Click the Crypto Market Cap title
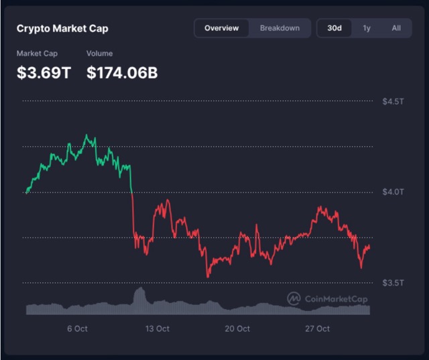tap(62, 29)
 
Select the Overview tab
tap(221, 28)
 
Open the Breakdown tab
tap(280, 28)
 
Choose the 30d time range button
tap(334, 28)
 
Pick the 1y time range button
tap(367, 28)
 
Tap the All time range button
tap(396, 28)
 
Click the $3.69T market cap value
tap(44, 73)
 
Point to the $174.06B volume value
tap(122, 73)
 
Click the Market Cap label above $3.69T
tap(38, 54)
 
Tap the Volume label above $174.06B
tap(100, 54)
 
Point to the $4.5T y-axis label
tap(393, 102)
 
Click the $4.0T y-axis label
tap(393, 192)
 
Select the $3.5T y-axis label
tap(393, 283)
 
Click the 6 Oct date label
tap(77, 328)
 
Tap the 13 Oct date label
tap(158, 328)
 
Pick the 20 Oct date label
tap(237, 328)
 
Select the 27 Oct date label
tap(317, 328)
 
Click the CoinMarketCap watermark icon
tap(294, 299)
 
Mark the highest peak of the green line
tap(86, 135)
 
